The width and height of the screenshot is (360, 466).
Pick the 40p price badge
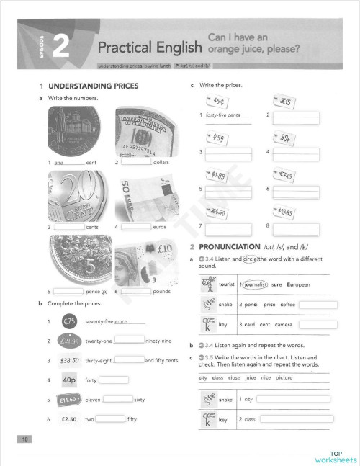point(71,380)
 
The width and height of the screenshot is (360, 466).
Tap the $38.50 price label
point(70,360)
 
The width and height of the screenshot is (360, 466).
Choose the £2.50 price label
point(70,418)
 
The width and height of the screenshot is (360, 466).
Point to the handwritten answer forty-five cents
point(222,116)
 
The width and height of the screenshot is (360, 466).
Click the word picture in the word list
point(284,377)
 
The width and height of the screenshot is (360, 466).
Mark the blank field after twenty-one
point(129,341)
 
